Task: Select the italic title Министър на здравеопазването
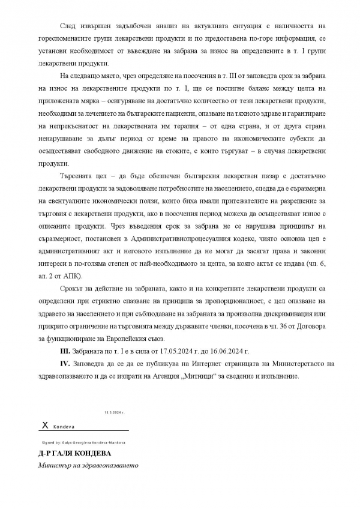pyautogui.click(x=88, y=465)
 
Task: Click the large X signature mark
pyautogui.click(x=44, y=424)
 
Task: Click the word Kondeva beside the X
pyautogui.click(x=64, y=426)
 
